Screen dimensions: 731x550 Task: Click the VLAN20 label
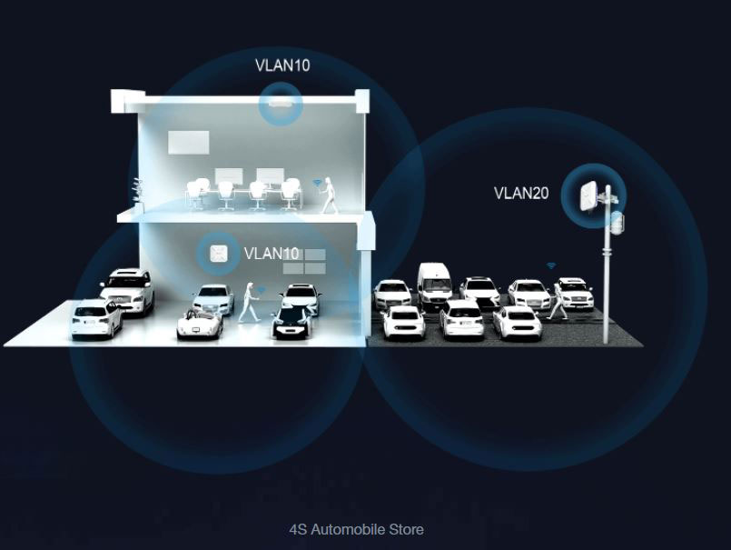point(521,193)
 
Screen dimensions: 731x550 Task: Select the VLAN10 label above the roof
point(282,65)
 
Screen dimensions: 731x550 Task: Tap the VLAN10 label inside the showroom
point(272,254)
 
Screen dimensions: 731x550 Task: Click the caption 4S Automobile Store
point(356,529)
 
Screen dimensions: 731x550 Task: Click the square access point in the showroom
point(219,253)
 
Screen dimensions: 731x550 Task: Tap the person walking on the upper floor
point(329,195)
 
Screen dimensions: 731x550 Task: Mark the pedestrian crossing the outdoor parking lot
point(557,299)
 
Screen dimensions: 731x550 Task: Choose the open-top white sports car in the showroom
point(200,322)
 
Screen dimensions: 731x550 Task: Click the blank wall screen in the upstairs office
point(188,142)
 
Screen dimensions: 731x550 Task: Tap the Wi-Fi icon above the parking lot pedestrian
point(550,265)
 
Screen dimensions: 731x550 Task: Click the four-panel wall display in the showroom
point(303,262)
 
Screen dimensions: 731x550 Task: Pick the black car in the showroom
point(292,320)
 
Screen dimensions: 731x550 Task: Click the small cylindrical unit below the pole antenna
point(617,223)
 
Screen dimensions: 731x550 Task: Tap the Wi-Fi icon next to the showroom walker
point(261,290)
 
